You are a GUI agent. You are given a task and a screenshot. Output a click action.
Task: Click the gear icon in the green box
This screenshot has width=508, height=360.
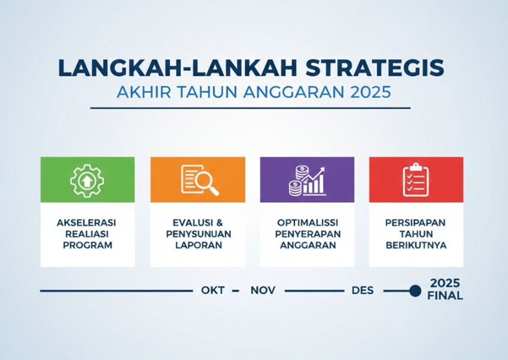pos(87,181)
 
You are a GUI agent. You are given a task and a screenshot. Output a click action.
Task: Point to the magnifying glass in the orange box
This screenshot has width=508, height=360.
pos(207,183)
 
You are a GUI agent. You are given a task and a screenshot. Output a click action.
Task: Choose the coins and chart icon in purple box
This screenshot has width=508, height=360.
pos(307,181)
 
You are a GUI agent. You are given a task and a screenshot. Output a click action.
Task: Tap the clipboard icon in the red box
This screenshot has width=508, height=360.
pos(416,180)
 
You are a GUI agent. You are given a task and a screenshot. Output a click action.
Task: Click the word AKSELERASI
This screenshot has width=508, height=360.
pos(86,223)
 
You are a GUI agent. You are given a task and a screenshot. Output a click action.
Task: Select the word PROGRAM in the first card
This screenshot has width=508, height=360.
pos(88,245)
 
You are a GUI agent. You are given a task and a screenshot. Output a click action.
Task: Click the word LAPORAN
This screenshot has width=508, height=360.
pos(199,245)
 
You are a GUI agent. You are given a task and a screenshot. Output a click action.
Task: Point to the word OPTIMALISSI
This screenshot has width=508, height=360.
pos(308,223)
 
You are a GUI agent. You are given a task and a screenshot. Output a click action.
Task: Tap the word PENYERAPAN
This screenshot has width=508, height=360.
pos(308,234)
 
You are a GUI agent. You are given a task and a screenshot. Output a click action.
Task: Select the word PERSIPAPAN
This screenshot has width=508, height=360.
pos(416,223)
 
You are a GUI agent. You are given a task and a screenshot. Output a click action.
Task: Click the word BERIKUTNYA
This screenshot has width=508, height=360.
pos(416,245)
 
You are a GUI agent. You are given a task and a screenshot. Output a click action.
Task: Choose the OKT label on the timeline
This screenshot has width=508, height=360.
pos(212,290)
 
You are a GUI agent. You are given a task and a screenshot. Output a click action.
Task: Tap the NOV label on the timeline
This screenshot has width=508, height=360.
pos(263,290)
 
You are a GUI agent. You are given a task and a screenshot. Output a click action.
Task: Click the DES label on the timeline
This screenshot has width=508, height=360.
pos(362,290)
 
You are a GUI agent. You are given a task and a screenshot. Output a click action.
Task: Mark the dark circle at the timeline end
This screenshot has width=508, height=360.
pos(415,290)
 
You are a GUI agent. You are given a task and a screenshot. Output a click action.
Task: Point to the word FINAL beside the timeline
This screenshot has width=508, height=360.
pos(445,296)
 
